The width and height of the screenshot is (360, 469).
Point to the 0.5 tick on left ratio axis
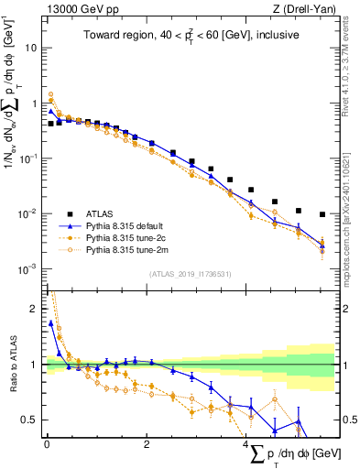pos(30,420)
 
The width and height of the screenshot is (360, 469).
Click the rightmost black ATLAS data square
pos(322,214)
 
